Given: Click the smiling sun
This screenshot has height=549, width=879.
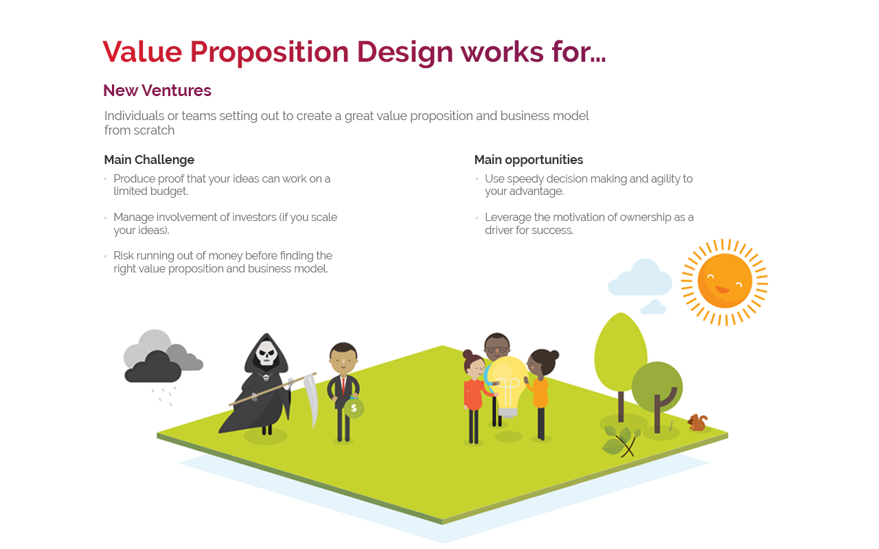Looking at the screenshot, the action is click(x=724, y=281).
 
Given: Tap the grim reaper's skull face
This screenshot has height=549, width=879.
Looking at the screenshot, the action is click(x=266, y=353).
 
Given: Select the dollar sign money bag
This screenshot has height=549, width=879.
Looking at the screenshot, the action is click(x=354, y=408).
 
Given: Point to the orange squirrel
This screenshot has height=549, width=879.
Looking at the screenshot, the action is click(x=698, y=423).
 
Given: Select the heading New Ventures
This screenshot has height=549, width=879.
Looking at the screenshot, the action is click(x=157, y=91).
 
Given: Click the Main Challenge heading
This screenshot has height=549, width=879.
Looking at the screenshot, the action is click(x=149, y=160).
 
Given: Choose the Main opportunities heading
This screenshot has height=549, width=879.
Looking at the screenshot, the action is click(x=529, y=160).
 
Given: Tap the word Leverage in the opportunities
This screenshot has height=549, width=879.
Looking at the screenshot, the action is click(x=508, y=218).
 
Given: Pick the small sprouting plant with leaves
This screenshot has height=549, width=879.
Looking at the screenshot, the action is click(x=621, y=441).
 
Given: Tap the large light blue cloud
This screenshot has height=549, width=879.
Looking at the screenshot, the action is click(x=641, y=278).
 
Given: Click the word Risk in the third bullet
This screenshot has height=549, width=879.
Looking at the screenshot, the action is click(x=126, y=256).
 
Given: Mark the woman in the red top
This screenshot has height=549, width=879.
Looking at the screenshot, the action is click(x=472, y=391).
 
